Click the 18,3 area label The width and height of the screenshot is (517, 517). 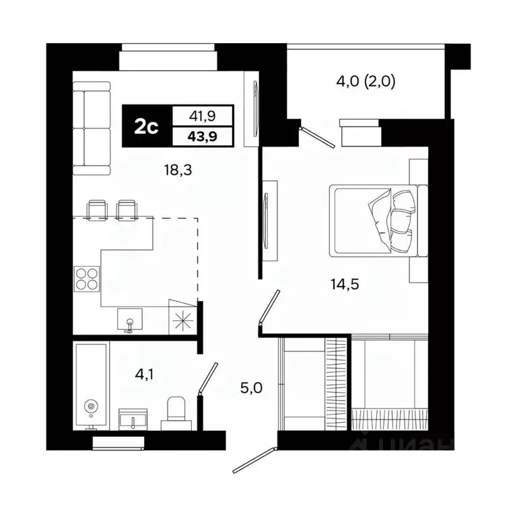click(x=178, y=171)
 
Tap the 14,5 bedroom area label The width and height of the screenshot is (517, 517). click(x=345, y=283)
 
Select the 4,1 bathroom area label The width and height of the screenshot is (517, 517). click(x=142, y=374)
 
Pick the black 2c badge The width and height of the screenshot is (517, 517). click(x=146, y=126)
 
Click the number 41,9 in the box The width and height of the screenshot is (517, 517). click(x=203, y=115)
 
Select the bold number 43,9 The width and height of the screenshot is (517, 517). click(x=203, y=136)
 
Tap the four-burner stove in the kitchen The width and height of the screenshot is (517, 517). click(x=86, y=278)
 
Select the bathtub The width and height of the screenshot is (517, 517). click(x=91, y=386)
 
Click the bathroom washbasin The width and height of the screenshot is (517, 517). click(x=133, y=419)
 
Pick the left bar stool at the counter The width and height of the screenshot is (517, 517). click(x=98, y=209)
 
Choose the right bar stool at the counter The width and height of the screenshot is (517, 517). click(x=126, y=209)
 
